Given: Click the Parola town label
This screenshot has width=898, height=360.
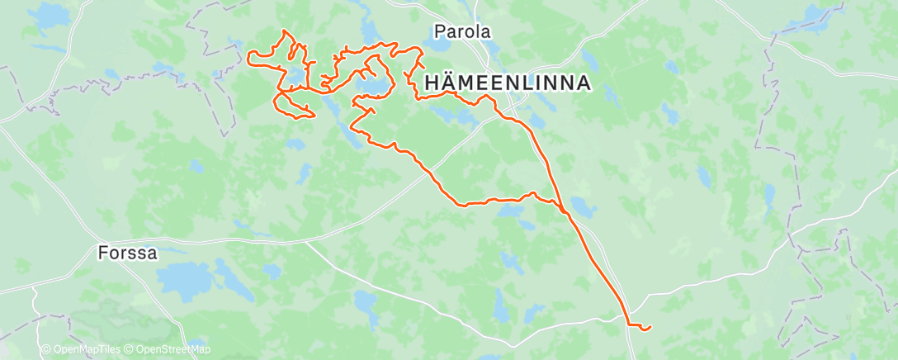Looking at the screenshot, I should click(x=462, y=32).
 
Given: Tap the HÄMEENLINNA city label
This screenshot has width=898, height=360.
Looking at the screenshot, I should click(x=507, y=83).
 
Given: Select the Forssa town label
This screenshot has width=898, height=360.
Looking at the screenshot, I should click(x=126, y=253).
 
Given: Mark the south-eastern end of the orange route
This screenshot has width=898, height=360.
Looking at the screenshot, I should click(x=650, y=328).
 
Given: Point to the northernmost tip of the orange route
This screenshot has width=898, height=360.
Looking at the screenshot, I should click(x=285, y=31).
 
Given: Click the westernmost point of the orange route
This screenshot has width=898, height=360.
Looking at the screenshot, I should click(x=248, y=56).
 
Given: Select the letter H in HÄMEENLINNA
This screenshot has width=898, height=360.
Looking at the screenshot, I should click(x=431, y=83).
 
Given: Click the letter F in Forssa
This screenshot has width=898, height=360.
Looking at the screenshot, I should click(x=102, y=253).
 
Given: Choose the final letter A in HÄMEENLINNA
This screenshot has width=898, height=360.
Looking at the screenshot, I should click(x=583, y=83).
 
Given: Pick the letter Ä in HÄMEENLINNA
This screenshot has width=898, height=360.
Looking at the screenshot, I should click(x=447, y=83).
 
